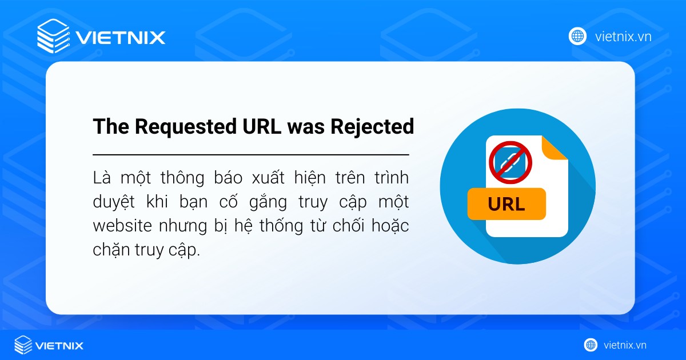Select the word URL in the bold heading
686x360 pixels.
click(259, 127)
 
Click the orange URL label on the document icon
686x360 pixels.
click(506, 204)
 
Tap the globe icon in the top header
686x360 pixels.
click(577, 37)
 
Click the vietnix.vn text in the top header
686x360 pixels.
click(623, 37)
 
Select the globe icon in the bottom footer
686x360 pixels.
click(591, 345)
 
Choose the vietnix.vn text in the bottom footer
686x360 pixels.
click(625, 345)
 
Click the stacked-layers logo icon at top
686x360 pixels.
click(53, 37)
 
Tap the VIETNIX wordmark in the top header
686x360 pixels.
click(120, 38)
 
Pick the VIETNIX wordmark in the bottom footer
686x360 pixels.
click(59, 346)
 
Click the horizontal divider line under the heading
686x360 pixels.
click(250, 155)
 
